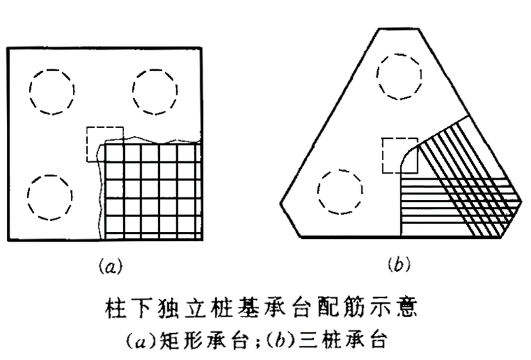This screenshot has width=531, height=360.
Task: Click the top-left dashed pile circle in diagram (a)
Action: pyautogui.click(x=52, y=88)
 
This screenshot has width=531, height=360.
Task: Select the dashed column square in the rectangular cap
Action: pyautogui.click(x=104, y=144)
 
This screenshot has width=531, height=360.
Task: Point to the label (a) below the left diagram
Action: pyautogui.click(x=107, y=266)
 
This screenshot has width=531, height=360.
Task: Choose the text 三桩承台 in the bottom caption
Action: pyautogui.click(x=332, y=338)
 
